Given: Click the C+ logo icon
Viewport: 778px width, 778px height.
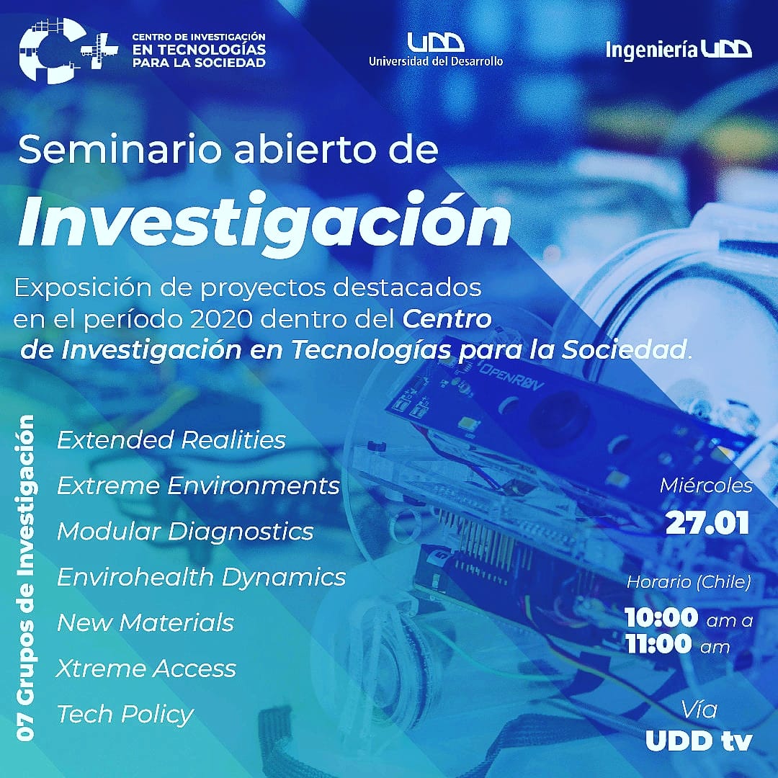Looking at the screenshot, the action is coord(68,50).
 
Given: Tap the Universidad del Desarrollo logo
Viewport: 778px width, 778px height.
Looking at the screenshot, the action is coord(436,50).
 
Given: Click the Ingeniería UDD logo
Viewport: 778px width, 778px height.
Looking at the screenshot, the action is coord(679,50).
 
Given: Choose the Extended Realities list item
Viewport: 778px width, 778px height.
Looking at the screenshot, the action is coord(171,439).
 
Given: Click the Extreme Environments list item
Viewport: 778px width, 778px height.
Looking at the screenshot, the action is coord(198,486).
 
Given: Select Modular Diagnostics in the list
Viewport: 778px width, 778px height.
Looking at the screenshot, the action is coord(185,532).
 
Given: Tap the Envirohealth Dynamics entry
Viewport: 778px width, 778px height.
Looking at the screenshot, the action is coord(201,577).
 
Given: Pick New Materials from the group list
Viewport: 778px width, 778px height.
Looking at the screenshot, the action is coord(145,622).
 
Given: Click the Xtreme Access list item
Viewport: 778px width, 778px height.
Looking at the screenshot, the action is coord(146,669).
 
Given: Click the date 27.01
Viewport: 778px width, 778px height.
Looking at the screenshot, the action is coord(707,523).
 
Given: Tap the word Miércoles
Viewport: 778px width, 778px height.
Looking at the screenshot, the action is coord(706,486).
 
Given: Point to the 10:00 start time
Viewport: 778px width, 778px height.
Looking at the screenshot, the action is coord(661,618).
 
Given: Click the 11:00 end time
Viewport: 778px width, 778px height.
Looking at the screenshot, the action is coord(658,644).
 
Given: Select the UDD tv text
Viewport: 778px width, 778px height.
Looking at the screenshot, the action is coord(699,741).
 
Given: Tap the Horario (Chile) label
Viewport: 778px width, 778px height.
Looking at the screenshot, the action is coord(689,582).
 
